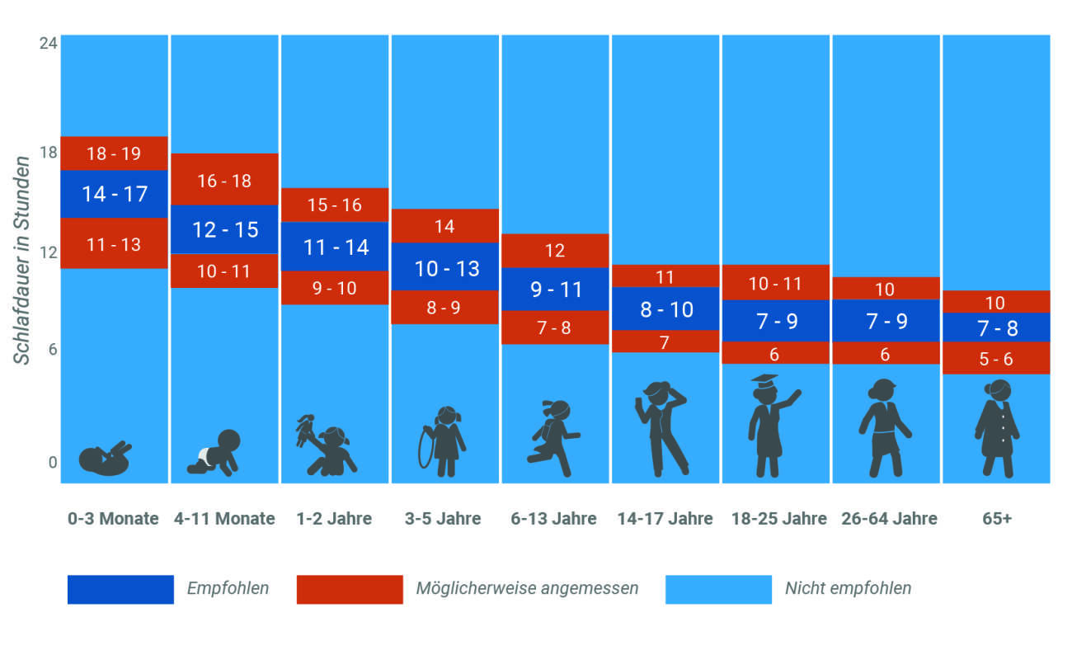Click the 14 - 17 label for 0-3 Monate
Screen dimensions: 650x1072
pos(115,194)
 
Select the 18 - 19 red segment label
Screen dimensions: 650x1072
pos(114,153)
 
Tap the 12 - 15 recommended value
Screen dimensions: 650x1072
pos(225,229)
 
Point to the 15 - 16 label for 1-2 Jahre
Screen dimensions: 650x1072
pos(335,205)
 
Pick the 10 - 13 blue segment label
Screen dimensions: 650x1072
pos(446,268)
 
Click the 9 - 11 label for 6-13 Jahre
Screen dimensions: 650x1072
pos(556,290)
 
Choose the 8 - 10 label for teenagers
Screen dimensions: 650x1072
pos(666,309)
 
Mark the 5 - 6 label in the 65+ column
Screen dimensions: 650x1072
pos(996,360)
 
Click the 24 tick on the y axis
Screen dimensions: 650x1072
pos(49,43)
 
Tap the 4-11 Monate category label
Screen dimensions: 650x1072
pos(224,519)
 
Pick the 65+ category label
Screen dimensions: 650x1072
pos(996,519)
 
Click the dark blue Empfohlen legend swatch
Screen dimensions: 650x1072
pos(120,589)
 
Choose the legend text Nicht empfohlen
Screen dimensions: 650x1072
pos(848,589)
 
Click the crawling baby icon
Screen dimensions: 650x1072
pos(215,453)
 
